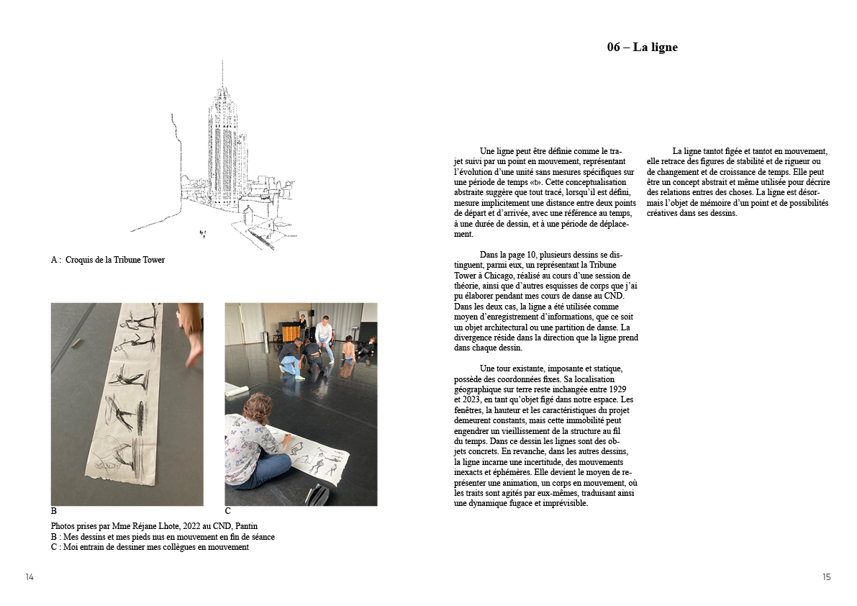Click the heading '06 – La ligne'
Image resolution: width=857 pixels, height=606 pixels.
coord(642,48)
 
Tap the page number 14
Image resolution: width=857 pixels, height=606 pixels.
coord(30,577)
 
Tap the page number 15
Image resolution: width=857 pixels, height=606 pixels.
coord(826,577)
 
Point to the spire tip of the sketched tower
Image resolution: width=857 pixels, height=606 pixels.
coord(222,63)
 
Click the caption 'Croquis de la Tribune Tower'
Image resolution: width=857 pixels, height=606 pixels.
coord(114,260)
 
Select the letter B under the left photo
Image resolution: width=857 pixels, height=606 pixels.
coord(54,512)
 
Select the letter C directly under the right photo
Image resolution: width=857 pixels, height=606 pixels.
coord(228,512)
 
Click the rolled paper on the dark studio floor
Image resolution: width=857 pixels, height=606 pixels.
coord(237,389)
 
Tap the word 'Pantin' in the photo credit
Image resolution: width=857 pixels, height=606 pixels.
coord(244,526)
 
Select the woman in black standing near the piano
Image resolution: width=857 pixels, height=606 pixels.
coord(303,322)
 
